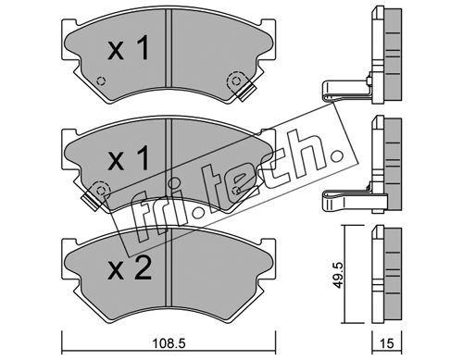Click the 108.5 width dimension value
coord(169,342)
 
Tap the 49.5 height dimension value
coord(339,275)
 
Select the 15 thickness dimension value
coord(387,343)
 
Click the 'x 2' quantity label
coord(130,269)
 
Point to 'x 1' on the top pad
coord(129,48)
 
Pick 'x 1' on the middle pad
coord(129,158)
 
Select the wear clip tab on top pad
coord(248,92)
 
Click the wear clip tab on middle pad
coord(91,201)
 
